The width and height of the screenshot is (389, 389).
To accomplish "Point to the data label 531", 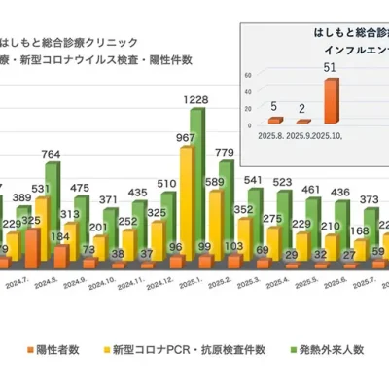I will click(x=42, y=188).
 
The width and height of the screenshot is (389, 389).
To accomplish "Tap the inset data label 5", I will click(x=274, y=105).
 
